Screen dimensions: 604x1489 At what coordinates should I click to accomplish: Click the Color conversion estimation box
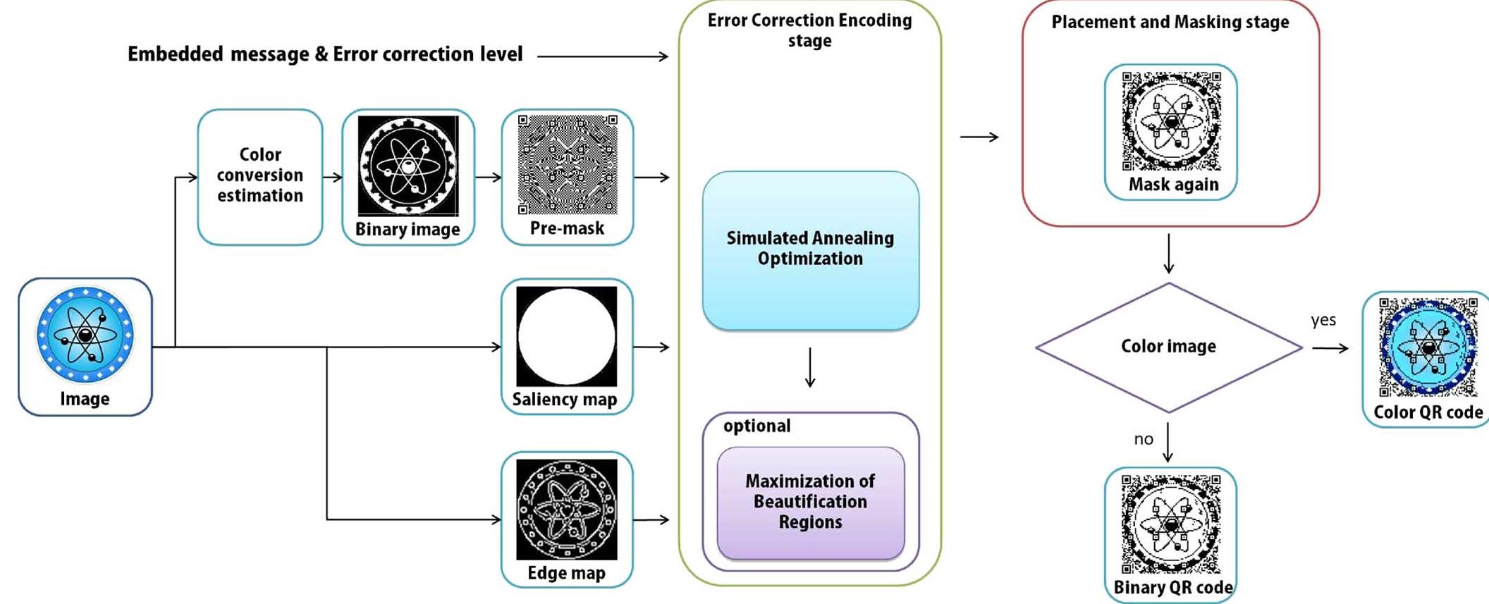click(259, 175)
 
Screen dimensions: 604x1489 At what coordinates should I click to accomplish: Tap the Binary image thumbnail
click(408, 166)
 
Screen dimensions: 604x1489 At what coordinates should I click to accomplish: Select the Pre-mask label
click(567, 228)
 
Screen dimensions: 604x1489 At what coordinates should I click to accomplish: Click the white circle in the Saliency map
click(566, 337)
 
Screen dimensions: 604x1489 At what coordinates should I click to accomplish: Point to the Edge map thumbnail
click(566, 510)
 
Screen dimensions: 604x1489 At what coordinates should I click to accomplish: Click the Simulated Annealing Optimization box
click(810, 249)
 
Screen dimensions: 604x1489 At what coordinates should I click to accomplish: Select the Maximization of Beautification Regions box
click(810, 502)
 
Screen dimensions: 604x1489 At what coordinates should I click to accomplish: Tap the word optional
click(756, 426)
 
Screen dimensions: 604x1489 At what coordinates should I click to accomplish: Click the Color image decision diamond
click(1168, 347)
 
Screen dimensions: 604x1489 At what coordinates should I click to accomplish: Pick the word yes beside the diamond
click(1323, 320)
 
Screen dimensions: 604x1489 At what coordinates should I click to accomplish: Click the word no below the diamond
click(1144, 439)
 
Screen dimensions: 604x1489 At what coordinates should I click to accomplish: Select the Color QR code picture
click(1428, 347)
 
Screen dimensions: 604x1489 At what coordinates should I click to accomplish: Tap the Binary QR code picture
click(1171, 524)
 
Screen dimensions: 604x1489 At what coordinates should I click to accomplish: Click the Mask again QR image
click(1171, 121)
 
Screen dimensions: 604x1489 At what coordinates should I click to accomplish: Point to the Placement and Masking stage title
click(1170, 23)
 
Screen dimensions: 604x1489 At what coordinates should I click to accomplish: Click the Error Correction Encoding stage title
click(809, 30)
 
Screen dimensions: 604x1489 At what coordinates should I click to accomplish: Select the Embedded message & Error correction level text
click(325, 54)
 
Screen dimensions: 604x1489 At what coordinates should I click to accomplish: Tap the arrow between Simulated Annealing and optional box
click(810, 367)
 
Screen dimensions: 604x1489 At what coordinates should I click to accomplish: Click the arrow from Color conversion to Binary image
click(332, 178)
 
